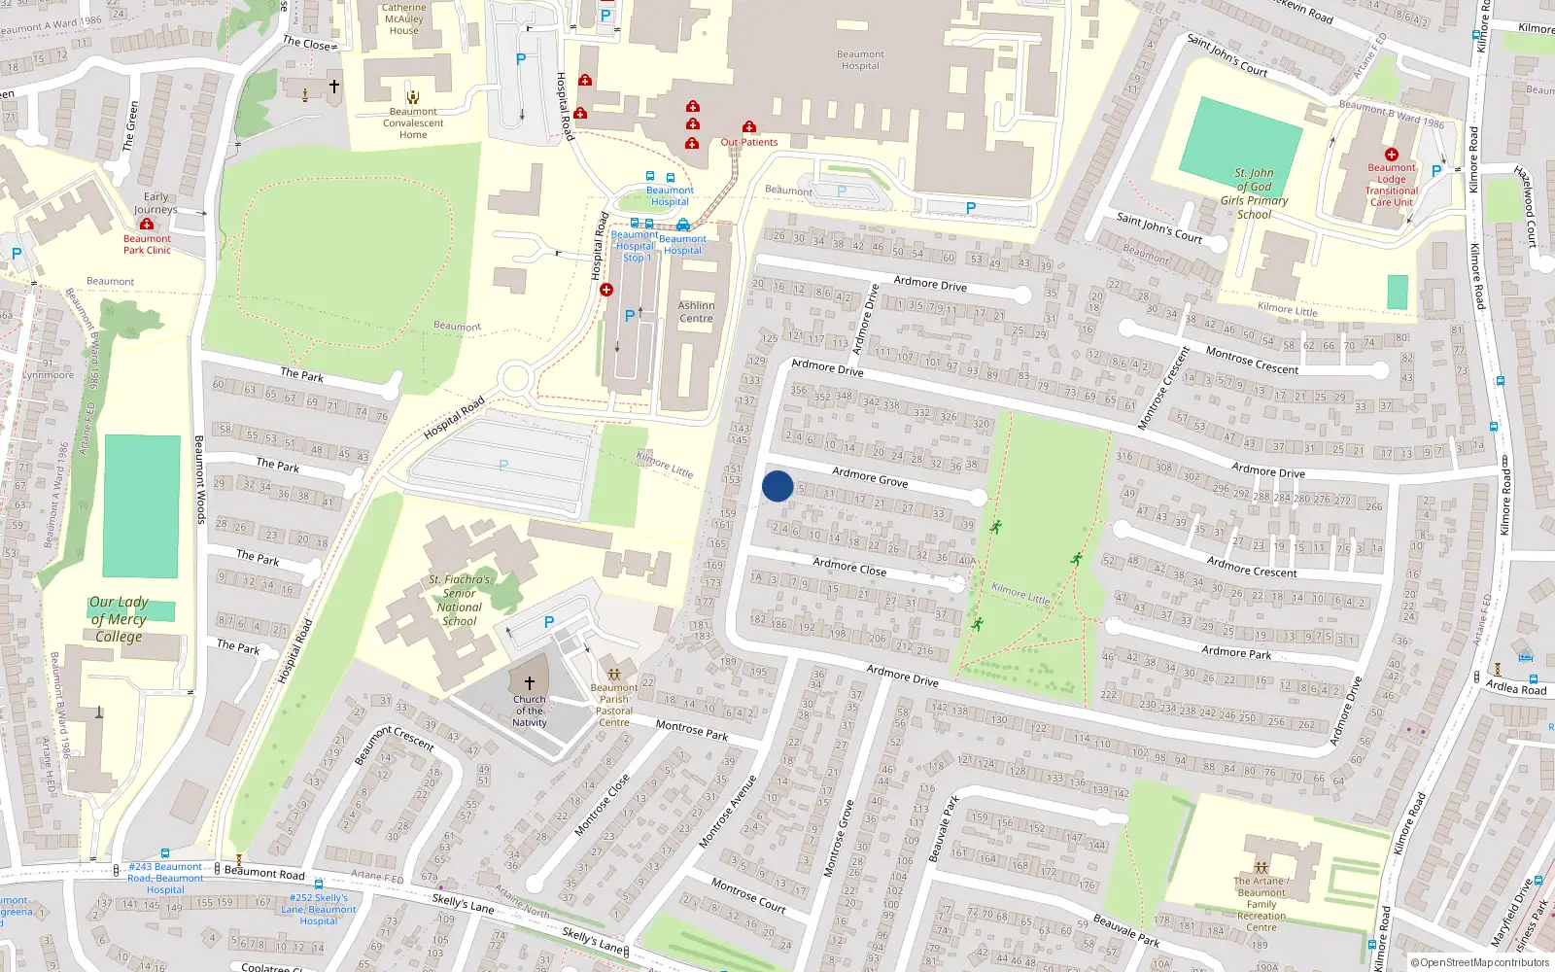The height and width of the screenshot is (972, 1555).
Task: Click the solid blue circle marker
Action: pos(777,486)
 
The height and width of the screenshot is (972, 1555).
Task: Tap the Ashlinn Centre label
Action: pos(696,312)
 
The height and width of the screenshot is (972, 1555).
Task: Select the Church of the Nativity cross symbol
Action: pos(530,683)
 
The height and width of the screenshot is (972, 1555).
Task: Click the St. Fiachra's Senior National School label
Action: pos(460,600)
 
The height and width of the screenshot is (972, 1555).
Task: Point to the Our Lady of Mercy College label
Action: pos(119,619)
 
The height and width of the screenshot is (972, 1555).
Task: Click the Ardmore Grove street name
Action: pos(870,476)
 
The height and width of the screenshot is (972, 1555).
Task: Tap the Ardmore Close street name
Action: pos(849,567)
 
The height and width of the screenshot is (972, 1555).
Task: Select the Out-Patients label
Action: pos(749,142)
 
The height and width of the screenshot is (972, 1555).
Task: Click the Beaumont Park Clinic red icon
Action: pos(147,225)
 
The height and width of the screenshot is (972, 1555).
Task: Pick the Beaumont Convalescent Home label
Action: pos(413,123)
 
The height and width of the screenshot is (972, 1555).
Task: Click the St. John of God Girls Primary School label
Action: pos(1254,193)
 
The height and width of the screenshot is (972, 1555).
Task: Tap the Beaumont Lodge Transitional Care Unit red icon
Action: pos(1392,155)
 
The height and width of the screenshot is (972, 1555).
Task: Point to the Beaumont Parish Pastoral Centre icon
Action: pos(613,674)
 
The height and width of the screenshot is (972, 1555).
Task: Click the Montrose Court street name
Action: pos(748,894)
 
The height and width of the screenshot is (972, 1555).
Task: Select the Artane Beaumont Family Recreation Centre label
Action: pos(1261,904)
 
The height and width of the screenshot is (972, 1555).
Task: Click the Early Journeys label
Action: pos(155,203)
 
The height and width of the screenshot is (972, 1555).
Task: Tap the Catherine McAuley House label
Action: pos(403,18)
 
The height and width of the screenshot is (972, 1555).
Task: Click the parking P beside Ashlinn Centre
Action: pos(630,316)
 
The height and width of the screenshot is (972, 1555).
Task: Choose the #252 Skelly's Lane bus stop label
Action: pos(319,910)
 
